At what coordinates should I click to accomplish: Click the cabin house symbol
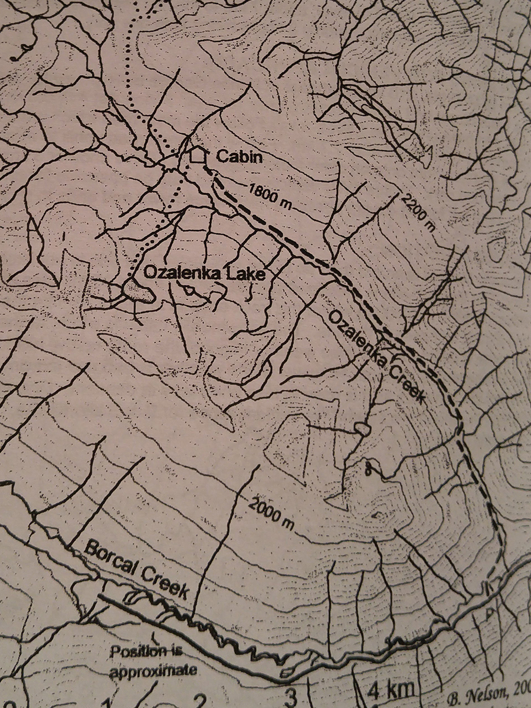(198, 155)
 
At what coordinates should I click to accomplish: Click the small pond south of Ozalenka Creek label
(361, 429)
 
